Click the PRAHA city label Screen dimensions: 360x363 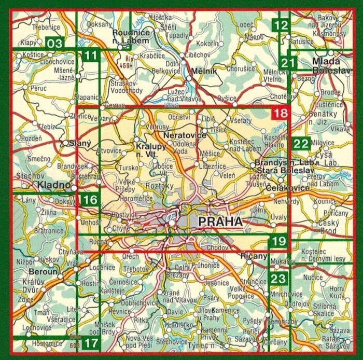pyautogui.click(x=220, y=222)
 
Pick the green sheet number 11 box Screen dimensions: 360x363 pyautogui.click(x=91, y=56)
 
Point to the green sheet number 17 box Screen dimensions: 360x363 pyautogui.click(x=91, y=343)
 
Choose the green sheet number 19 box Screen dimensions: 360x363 pyautogui.click(x=278, y=240)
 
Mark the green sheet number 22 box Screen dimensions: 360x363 pyautogui.click(x=301, y=144)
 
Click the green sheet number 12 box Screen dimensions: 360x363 pyautogui.click(x=281, y=25)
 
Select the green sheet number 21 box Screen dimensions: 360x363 pyautogui.click(x=288, y=63)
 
